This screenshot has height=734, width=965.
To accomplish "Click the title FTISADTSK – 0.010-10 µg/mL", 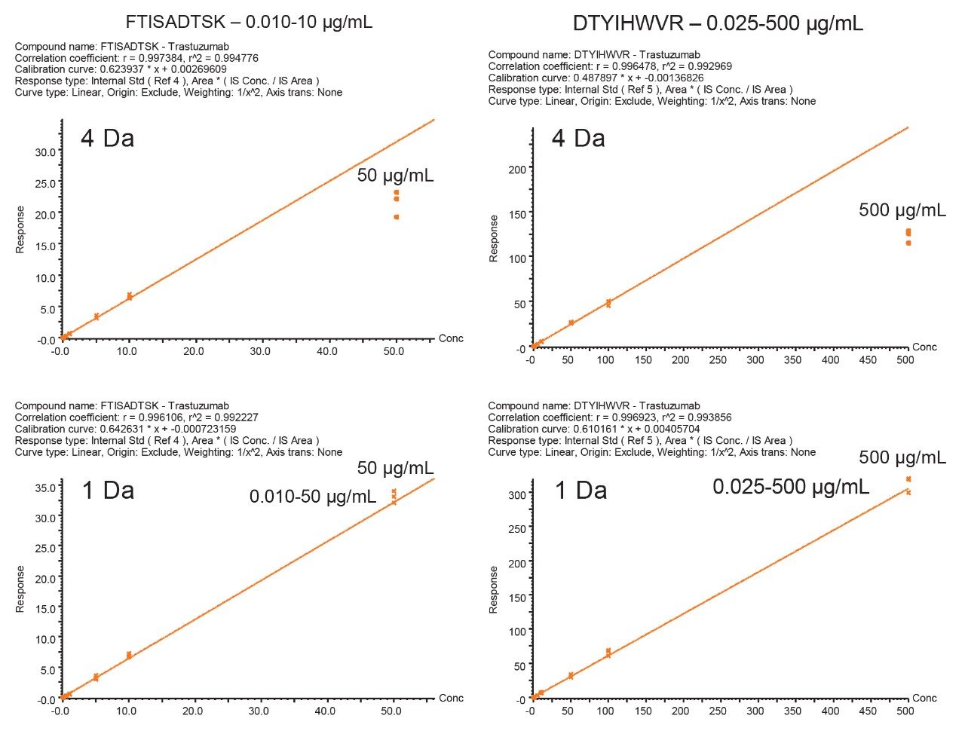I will tap(249, 22).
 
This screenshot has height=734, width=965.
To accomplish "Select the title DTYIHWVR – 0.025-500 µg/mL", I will tap(718, 24).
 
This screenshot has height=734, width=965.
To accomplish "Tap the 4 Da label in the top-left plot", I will tap(107, 139).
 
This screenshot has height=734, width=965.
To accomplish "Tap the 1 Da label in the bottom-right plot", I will tap(581, 491).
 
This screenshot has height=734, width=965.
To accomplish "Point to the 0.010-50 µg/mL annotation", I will tap(313, 497).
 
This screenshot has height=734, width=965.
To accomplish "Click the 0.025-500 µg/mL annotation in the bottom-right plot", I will tap(791, 487).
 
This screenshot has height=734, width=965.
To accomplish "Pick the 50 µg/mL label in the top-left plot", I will tap(395, 176).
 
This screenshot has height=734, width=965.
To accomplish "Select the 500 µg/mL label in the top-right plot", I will tap(902, 210).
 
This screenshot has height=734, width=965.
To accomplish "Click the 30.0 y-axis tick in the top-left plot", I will tap(45, 151).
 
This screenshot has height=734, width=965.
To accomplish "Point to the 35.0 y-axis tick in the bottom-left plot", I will tap(45, 487).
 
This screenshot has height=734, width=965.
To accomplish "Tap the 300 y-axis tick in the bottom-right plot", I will tap(516, 494).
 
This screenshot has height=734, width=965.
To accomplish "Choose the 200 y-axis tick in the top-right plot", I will tap(516, 169).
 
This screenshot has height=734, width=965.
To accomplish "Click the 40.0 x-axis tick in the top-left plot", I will tap(327, 351).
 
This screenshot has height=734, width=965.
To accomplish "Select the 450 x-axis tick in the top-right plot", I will tap(868, 360).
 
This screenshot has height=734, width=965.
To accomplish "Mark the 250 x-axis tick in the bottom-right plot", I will tap(718, 711).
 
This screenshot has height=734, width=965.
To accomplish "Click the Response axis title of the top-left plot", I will tap(20, 230).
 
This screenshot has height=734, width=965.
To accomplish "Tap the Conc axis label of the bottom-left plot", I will tap(451, 698).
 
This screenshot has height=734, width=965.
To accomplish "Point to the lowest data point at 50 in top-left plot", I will tap(396, 217).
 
